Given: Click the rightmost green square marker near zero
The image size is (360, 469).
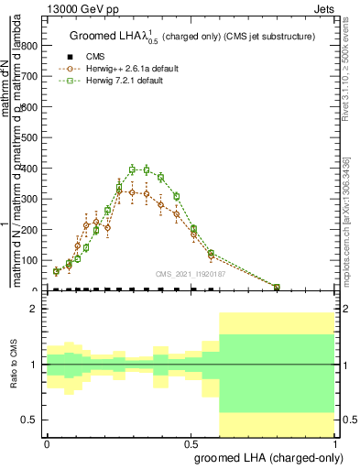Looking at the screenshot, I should (x=277, y=288).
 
